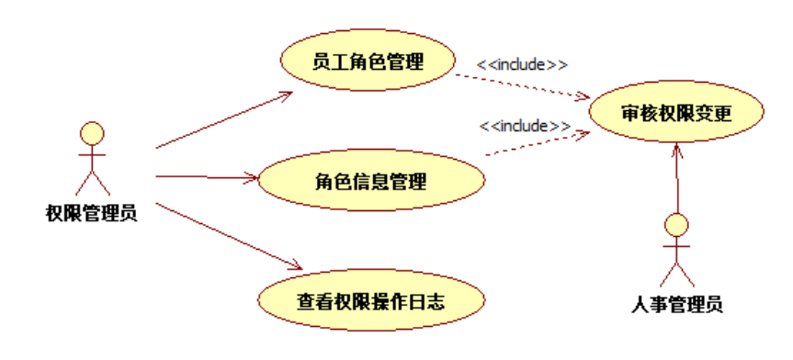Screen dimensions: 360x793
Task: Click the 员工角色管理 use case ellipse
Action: pyautogui.click(x=368, y=62)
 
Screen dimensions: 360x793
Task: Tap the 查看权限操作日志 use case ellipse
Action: pyautogui.click(x=370, y=299)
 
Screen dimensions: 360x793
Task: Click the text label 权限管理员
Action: pyautogui.click(x=91, y=215)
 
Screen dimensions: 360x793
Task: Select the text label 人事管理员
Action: pyautogui.click(x=678, y=304)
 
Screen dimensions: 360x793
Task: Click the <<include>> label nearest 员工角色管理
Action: pyautogui.click(x=522, y=65)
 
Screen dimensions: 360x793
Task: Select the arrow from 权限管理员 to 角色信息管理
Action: pyautogui.click(x=207, y=175)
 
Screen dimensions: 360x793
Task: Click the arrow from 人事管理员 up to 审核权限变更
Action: pyautogui.click(x=677, y=179)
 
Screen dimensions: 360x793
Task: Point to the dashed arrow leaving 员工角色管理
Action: pyautogui.click(x=524, y=85)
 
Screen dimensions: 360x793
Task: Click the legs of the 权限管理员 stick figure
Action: pyautogui.click(x=91, y=183)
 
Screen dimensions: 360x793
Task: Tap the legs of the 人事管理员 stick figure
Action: pyautogui.click(x=677, y=274)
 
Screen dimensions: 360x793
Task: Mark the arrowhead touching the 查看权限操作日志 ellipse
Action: pyautogui.click(x=293, y=264)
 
